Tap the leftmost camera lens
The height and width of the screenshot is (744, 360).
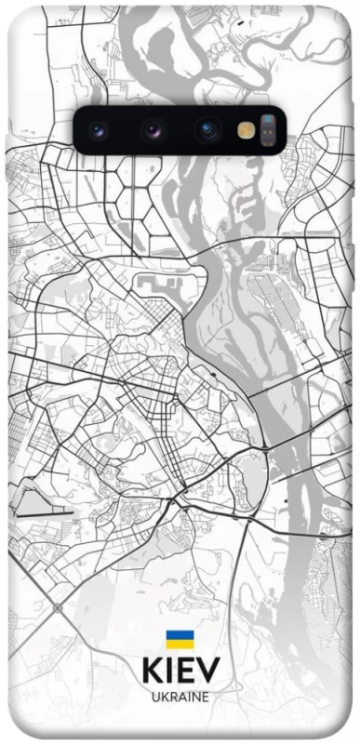pos(101,130)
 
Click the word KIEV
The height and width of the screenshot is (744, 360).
pos(180,671)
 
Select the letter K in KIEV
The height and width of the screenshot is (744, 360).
pos(153,671)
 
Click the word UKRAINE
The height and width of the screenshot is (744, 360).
pos(180,696)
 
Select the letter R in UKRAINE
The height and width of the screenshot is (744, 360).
pos(173,696)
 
